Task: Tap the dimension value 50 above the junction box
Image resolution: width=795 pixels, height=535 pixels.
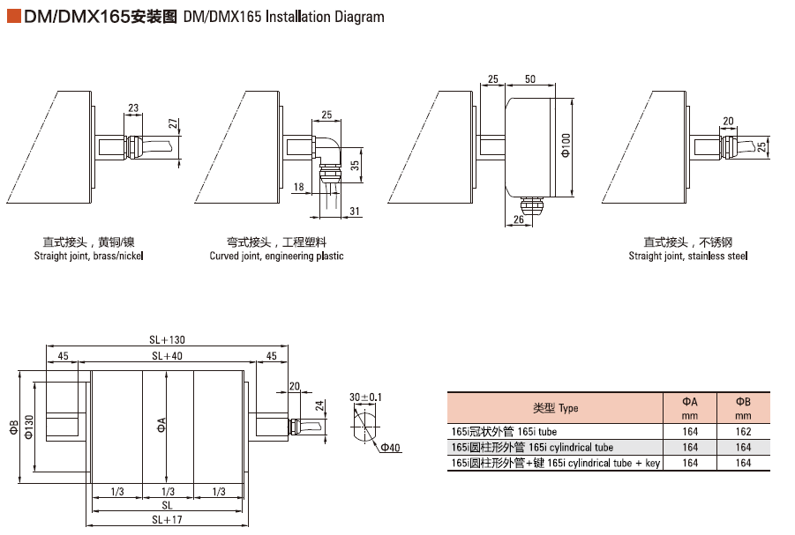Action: (529, 78)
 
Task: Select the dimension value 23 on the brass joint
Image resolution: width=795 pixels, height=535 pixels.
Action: (133, 108)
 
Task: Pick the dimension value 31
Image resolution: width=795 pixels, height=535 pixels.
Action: (353, 211)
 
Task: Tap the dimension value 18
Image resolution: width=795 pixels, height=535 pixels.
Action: (298, 187)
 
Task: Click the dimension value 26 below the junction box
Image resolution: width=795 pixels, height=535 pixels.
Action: (518, 219)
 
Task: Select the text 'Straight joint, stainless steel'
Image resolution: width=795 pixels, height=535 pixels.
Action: (687, 256)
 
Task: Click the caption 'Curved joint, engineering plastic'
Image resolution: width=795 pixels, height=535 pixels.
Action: (276, 256)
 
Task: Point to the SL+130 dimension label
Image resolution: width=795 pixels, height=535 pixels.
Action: (166, 340)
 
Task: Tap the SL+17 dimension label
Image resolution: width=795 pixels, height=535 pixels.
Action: (166, 520)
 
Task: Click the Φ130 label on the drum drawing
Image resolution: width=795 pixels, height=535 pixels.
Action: (29, 427)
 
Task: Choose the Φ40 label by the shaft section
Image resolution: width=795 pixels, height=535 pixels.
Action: (390, 448)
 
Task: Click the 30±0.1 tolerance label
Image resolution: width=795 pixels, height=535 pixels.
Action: (365, 398)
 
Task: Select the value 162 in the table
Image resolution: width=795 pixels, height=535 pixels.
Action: (743, 432)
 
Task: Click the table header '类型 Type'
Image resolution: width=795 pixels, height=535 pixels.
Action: (555, 408)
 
